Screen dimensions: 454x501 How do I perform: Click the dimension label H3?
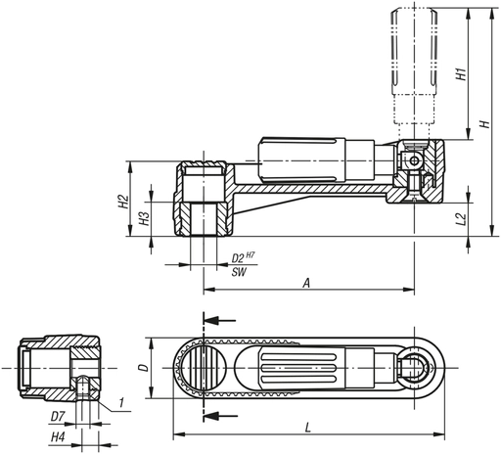pyautogui.click(x=143, y=217)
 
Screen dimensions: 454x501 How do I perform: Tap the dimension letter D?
pyautogui.click(x=143, y=370)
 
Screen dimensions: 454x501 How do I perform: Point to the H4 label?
pyautogui.click(x=57, y=436)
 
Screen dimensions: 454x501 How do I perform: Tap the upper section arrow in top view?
pyautogui.click(x=221, y=319)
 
